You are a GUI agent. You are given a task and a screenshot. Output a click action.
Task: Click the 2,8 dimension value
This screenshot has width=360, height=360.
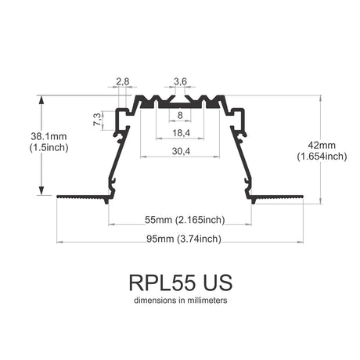click(x=123, y=81)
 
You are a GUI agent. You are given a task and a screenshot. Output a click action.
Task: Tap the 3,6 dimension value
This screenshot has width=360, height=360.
click(x=180, y=81)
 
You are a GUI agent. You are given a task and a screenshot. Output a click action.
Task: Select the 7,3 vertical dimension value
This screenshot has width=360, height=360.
click(x=97, y=120)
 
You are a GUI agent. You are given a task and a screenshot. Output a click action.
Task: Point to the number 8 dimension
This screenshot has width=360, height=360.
click(x=180, y=115)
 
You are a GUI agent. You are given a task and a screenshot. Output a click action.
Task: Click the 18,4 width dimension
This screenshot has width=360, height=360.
click(x=182, y=133)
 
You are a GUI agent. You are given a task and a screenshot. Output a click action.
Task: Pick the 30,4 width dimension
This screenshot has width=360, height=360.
click(x=181, y=151)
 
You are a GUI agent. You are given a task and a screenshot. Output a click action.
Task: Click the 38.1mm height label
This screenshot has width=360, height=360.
click(x=49, y=136)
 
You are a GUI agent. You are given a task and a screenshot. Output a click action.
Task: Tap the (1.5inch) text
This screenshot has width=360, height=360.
click(x=49, y=148)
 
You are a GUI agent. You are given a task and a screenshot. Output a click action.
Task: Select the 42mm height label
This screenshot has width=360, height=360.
click(x=322, y=145)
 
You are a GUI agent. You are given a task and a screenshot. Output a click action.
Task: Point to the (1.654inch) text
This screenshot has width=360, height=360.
click(x=322, y=157)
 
